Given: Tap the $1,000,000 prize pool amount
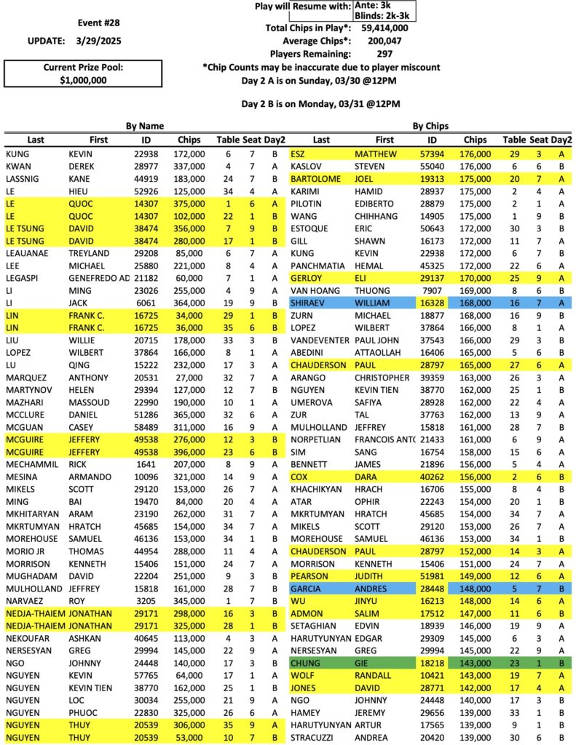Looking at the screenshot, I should [x=83, y=81].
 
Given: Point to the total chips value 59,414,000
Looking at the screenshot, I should [x=384, y=28].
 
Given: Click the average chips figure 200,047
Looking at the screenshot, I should [x=384, y=41].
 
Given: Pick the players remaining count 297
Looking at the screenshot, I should [x=385, y=54].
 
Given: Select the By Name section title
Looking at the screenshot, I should [x=145, y=126].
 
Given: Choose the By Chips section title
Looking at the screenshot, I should [x=431, y=126].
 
